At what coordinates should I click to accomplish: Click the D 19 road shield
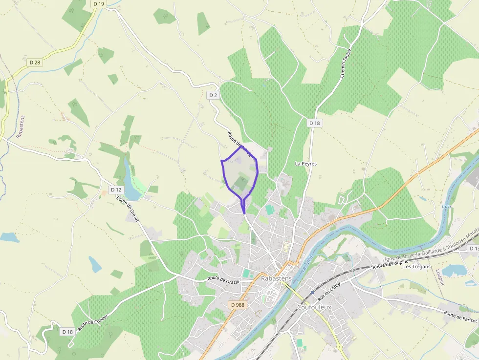(x=98, y=4)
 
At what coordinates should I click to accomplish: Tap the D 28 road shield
(x=34, y=62)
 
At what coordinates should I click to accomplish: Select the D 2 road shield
(x=213, y=95)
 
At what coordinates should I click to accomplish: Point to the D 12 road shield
(x=116, y=190)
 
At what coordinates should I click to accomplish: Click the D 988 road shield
(x=237, y=305)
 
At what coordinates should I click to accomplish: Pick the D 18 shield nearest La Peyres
(x=315, y=123)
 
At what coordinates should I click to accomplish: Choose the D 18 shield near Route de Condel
(x=67, y=332)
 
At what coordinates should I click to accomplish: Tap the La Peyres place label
(x=306, y=164)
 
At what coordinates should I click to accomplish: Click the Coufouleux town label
(x=314, y=307)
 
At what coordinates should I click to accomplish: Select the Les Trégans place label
(x=417, y=267)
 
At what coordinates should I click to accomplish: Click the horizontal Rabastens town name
(x=276, y=278)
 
